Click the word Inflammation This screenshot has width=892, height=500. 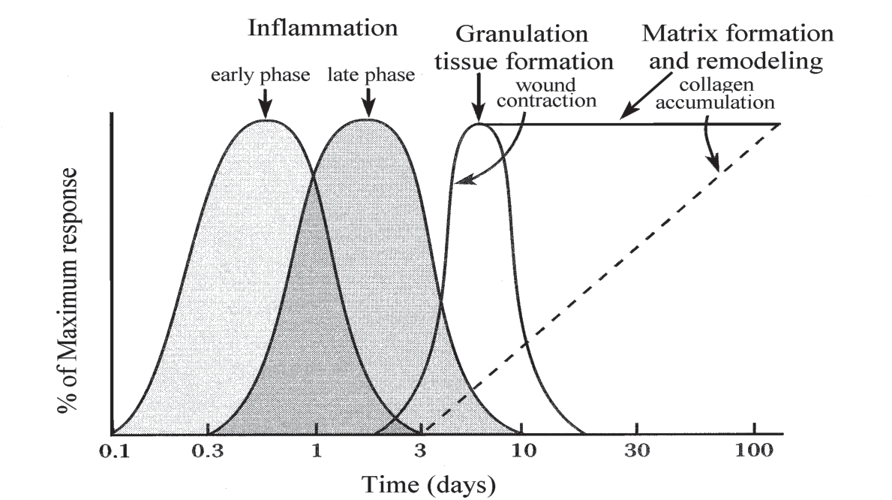[x=323, y=29]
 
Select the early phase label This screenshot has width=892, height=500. [x=260, y=76]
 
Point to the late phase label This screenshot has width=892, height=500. [x=371, y=76]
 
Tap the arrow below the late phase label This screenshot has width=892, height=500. [x=368, y=101]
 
